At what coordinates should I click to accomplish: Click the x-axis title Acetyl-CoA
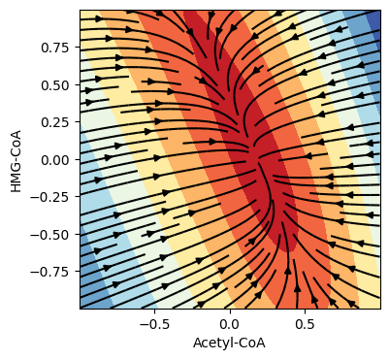tap(229, 343)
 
